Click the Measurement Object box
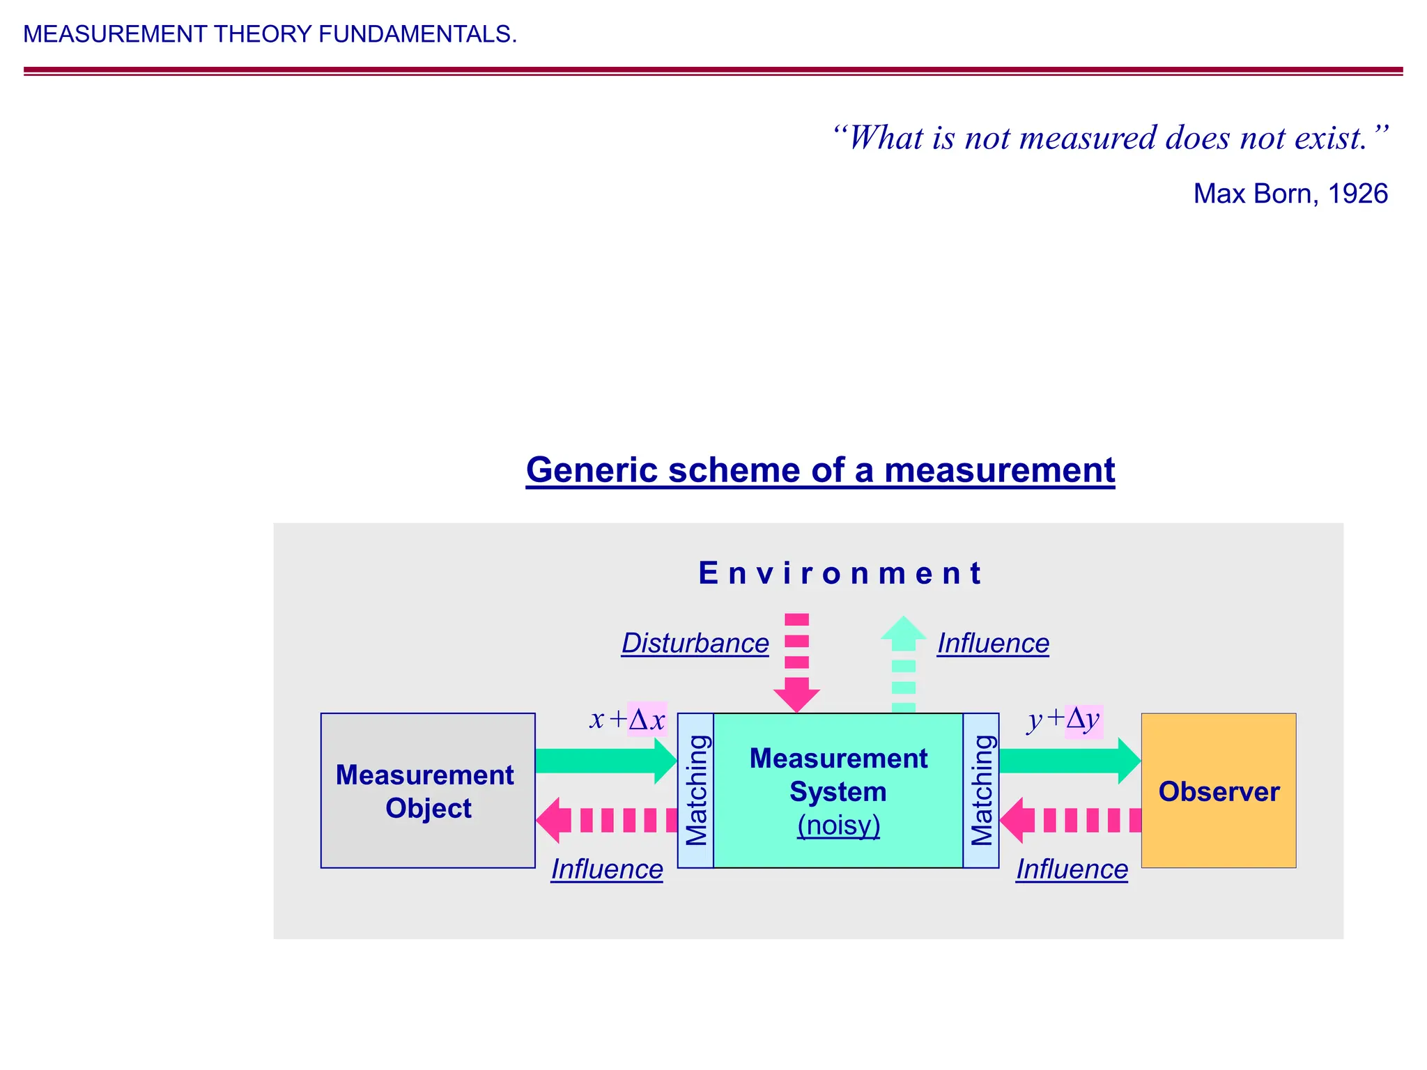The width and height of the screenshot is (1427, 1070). (x=428, y=790)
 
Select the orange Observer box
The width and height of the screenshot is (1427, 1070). (x=1218, y=790)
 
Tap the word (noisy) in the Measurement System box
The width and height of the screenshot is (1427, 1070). (x=838, y=825)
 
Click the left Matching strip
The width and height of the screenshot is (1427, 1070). (x=695, y=790)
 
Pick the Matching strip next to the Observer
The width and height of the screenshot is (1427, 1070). (x=981, y=790)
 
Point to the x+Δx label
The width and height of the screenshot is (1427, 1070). (x=628, y=719)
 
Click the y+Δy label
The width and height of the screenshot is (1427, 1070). (x=1064, y=719)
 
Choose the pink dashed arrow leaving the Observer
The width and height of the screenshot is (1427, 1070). (x=1070, y=820)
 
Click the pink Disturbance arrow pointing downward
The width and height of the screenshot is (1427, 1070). (x=796, y=662)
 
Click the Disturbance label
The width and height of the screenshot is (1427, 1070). (x=695, y=643)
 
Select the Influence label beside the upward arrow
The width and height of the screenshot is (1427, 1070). (x=993, y=643)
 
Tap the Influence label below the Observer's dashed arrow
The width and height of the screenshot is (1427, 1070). (x=1072, y=869)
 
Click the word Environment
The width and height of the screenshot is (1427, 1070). (x=840, y=573)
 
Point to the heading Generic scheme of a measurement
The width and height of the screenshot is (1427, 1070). (x=820, y=470)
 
